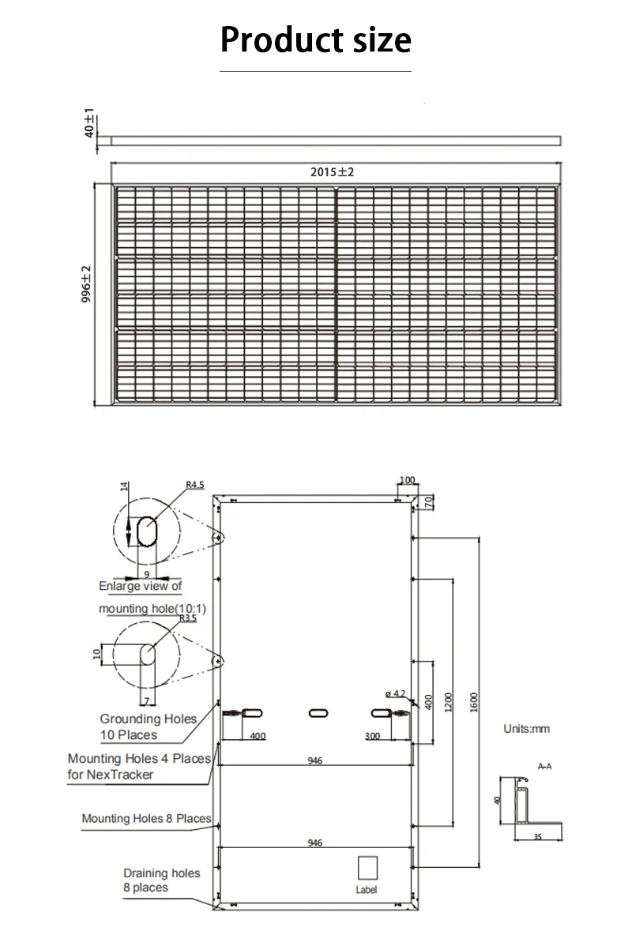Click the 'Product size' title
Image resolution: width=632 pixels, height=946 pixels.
[316, 40]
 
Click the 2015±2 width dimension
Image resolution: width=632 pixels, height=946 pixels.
[332, 172]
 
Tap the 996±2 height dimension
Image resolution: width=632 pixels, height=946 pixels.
[87, 283]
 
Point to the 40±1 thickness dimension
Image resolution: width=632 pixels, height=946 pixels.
[89, 122]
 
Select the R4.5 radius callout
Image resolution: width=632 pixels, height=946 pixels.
[195, 485]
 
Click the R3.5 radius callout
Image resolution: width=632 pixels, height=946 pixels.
[188, 618]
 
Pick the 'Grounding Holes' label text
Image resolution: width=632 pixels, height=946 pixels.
[149, 719]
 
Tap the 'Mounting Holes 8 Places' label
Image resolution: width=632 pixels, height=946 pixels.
[147, 818]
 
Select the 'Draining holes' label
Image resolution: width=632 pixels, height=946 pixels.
[162, 873]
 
